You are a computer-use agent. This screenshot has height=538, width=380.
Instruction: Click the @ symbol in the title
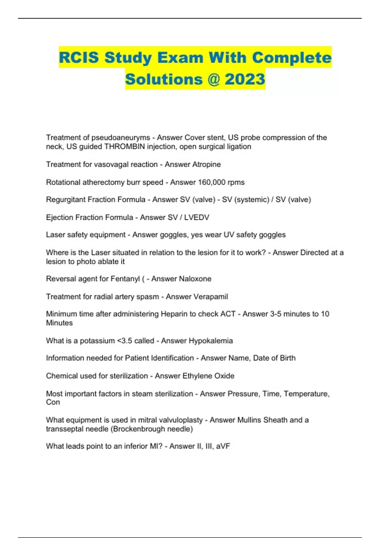214,79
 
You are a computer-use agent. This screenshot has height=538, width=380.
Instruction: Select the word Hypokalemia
211,341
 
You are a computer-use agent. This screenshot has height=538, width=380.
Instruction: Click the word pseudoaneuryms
121,138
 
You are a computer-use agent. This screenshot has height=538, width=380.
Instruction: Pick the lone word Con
53,402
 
